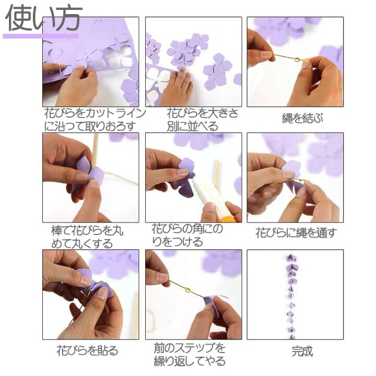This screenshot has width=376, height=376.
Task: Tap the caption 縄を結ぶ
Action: [296, 118]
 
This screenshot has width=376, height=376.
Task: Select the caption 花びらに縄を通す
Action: [296, 233]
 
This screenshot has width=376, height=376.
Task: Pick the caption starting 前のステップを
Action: [190, 354]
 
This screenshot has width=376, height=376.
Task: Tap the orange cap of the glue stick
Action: [225, 216]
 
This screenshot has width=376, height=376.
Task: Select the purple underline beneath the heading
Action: [40, 36]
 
